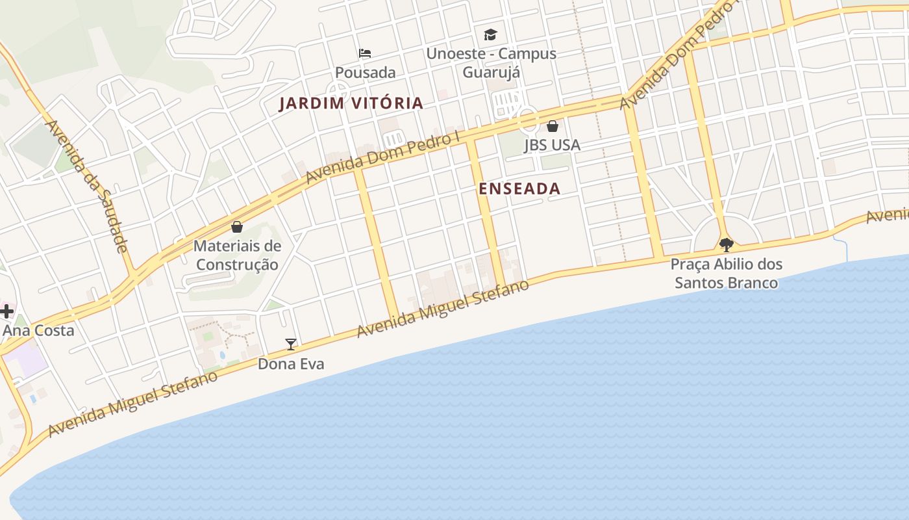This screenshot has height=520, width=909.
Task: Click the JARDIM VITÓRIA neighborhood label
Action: click(x=351, y=103)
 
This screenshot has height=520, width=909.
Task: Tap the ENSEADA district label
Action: click(x=519, y=188)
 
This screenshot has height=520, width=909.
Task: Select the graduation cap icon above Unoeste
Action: click(x=490, y=34)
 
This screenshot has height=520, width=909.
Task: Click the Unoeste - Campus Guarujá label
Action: click(x=491, y=62)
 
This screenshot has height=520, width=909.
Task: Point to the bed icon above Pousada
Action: click(x=366, y=53)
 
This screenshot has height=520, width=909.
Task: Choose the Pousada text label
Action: click(x=366, y=72)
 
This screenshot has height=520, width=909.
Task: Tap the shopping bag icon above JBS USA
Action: click(x=553, y=125)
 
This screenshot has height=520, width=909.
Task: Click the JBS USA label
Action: click(x=553, y=145)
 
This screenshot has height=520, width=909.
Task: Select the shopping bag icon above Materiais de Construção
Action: click(x=237, y=227)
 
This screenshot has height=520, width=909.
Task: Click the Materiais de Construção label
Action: click(x=238, y=255)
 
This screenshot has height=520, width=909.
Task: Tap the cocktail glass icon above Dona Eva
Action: click(x=291, y=344)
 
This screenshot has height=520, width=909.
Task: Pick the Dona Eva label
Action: click(x=291, y=364)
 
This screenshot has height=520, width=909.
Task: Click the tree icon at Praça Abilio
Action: click(x=727, y=245)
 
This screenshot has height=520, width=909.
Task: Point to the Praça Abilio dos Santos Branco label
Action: click(x=727, y=274)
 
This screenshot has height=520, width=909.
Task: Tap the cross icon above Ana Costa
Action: click(x=6, y=311)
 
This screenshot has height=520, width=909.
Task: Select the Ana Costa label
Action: click(x=38, y=330)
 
